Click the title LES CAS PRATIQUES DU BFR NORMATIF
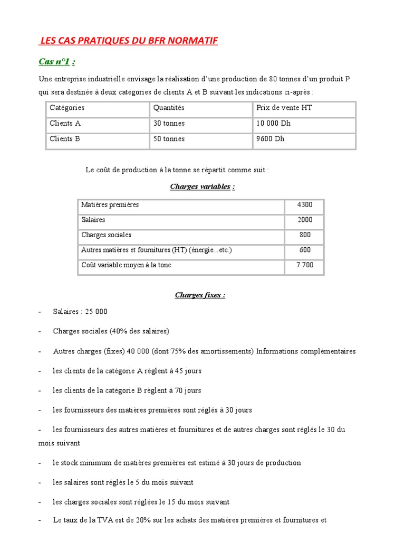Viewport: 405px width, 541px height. tap(129, 41)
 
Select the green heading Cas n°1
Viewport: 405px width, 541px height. tap(56, 62)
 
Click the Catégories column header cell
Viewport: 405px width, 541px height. tap(67, 108)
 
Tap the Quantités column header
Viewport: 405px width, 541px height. tap(169, 108)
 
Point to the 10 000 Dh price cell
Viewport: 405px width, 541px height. tap(274, 124)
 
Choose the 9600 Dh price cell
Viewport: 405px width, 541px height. tap(271, 139)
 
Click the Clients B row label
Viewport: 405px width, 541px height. tap(65, 139)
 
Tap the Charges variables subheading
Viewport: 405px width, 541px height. tap(202, 186)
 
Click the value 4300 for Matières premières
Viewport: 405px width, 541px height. tap(305, 205)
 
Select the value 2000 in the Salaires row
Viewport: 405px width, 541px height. tap(305, 220)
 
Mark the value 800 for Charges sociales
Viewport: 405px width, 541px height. tap(305, 235)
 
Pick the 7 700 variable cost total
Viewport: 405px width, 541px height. tap(305, 265)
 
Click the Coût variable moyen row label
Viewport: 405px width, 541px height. tap(126, 265)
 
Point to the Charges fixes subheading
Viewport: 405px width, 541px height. tap(200, 295)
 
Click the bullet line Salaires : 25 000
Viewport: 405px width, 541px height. tap(80, 312)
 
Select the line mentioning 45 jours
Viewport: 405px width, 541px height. tap(127, 371)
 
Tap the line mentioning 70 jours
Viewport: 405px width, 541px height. tap(127, 390)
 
